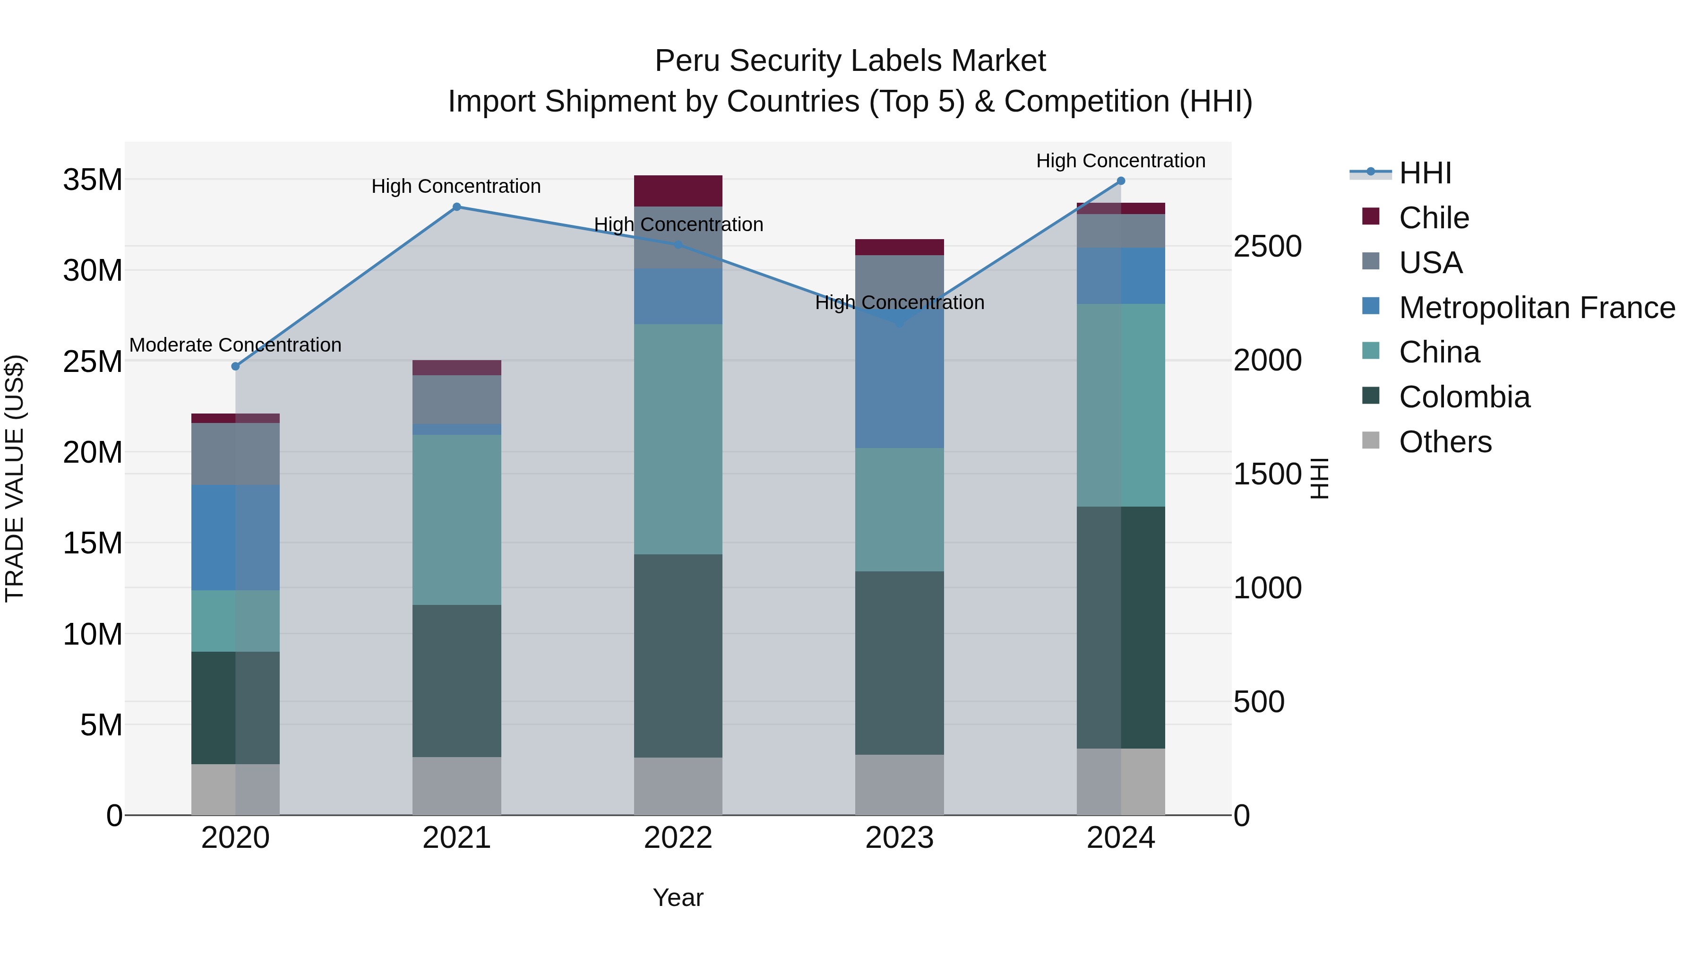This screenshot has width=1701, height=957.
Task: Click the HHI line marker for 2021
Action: [456, 207]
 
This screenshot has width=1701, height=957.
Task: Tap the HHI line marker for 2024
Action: [1121, 181]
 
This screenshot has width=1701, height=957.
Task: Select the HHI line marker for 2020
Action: [236, 367]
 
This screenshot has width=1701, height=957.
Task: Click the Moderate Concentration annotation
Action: [235, 345]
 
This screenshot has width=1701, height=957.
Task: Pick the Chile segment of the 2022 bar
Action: [678, 191]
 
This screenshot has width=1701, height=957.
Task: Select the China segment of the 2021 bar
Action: [456, 520]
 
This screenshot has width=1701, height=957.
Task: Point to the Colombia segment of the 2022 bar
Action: [678, 656]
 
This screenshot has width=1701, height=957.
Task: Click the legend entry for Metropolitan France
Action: [1537, 308]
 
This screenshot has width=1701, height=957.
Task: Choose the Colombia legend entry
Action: [1464, 397]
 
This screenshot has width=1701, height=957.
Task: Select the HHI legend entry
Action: [1425, 173]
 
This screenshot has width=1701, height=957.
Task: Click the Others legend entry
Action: [1445, 442]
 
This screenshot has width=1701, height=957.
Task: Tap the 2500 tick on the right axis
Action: [1268, 246]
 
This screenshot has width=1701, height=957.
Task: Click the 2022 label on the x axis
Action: [678, 838]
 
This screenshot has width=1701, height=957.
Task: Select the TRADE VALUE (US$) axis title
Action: [15, 478]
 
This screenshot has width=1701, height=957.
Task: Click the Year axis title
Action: [678, 897]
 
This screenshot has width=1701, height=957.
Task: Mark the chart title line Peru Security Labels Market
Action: [850, 61]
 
